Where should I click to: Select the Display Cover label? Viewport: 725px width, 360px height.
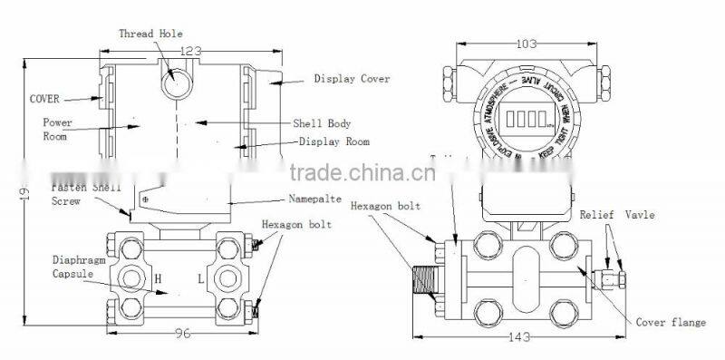pyautogui.click(x=352, y=79)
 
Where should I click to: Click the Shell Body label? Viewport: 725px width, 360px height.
pyautogui.click(x=321, y=123)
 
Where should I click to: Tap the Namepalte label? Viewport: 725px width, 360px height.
pyautogui.click(x=317, y=198)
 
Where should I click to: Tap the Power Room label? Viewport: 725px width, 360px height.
pyautogui.click(x=56, y=128)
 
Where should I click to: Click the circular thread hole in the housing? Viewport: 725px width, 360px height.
pyautogui.click(x=175, y=82)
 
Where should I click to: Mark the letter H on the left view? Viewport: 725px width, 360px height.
pyautogui.click(x=158, y=277)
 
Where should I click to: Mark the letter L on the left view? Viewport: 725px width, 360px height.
pyautogui.click(x=200, y=277)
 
